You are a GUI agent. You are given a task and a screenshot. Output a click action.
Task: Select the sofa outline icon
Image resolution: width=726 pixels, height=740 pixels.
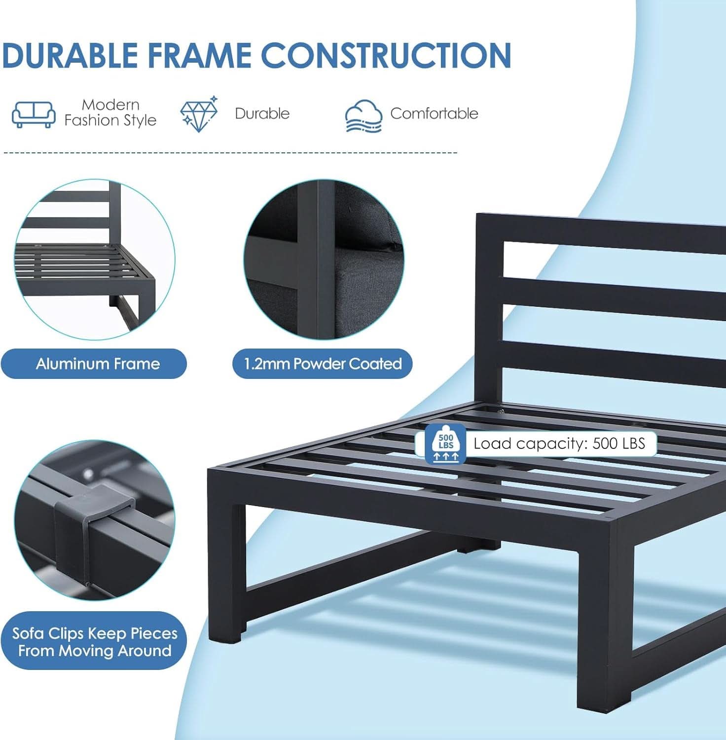coord(34,114)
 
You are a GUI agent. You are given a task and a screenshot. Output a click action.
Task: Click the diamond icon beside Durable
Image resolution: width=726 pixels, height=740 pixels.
coord(199,114)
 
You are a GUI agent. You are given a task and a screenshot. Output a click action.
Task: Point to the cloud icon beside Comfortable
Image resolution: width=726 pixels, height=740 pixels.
coord(363,116)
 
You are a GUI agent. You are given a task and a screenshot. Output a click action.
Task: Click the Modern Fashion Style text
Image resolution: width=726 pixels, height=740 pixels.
coord(110,112)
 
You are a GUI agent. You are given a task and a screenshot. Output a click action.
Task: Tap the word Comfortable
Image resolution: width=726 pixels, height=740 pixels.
coord(434,113)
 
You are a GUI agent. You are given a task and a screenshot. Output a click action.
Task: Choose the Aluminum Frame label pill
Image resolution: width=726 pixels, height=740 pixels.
coord(94,364)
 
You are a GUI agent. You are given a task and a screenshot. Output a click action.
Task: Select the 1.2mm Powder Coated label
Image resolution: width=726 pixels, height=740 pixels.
coord(323,364)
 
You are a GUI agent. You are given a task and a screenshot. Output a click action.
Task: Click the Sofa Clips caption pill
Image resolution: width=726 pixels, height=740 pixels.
coord(95,641)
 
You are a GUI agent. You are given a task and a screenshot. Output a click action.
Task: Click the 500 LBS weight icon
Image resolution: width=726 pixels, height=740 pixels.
coord(445,444)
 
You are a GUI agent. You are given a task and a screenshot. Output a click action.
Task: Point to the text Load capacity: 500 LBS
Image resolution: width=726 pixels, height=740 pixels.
coord(559,444)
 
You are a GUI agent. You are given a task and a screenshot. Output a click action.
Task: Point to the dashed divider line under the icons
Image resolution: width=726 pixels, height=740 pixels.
coord(230,153)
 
